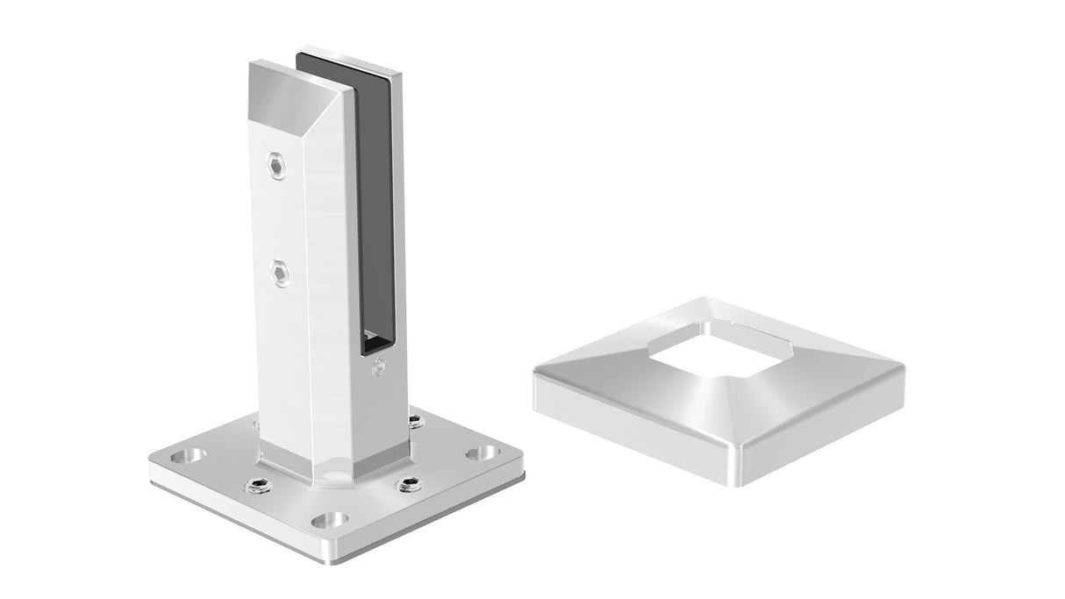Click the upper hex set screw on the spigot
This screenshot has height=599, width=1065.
click(276, 165)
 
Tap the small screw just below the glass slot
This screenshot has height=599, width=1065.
click(379, 366)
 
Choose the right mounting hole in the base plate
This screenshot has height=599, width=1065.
click(481, 453)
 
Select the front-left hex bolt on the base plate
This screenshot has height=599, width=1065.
click(258, 486)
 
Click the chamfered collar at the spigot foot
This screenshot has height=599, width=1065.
click(333, 465)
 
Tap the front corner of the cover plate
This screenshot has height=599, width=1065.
click(733, 478)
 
